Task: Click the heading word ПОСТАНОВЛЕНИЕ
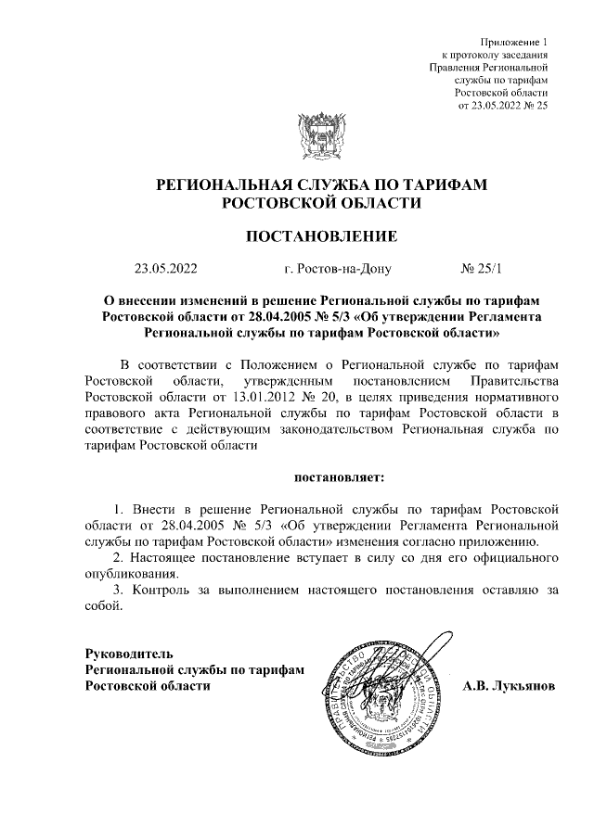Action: pyautogui.click(x=321, y=236)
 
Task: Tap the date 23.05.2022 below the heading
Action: pyautogui.click(x=166, y=270)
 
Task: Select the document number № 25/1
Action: pyautogui.click(x=480, y=270)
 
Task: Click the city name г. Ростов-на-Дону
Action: pyautogui.click(x=339, y=270)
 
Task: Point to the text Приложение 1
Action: pyautogui.click(x=514, y=42)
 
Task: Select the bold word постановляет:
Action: pyautogui.click(x=339, y=477)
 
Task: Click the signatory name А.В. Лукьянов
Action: pyautogui.click(x=509, y=686)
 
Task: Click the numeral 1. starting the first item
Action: pyautogui.click(x=118, y=509)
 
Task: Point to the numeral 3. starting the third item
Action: pyautogui.click(x=117, y=590)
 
